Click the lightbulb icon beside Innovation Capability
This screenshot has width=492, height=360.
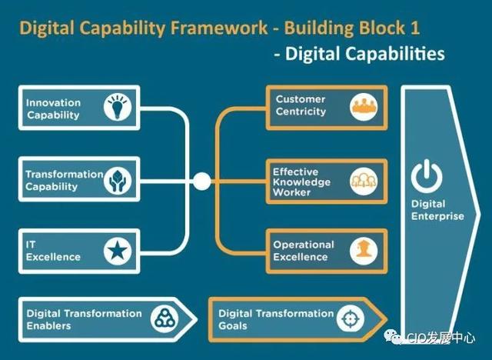point(118,108)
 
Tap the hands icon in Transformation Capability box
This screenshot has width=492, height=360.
point(118,180)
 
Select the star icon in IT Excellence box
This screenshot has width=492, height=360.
point(118,251)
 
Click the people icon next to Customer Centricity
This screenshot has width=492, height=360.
point(364,107)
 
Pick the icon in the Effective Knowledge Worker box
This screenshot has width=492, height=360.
point(364,182)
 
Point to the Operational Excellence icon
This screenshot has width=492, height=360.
point(364,251)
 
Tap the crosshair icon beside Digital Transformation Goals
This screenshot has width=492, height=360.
point(351,319)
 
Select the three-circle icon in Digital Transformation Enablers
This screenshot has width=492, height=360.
point(165,319)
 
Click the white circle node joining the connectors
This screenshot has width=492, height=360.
point(201,181)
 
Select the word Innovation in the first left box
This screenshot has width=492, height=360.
point(53,102)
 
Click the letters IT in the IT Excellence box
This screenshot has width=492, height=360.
point(31,245)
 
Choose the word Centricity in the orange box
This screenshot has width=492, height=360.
point(301,112)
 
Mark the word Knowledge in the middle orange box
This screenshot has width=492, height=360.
point(301,182)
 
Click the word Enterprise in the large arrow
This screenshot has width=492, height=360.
point(437,217)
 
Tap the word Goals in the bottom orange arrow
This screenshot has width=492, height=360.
point(233,326)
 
